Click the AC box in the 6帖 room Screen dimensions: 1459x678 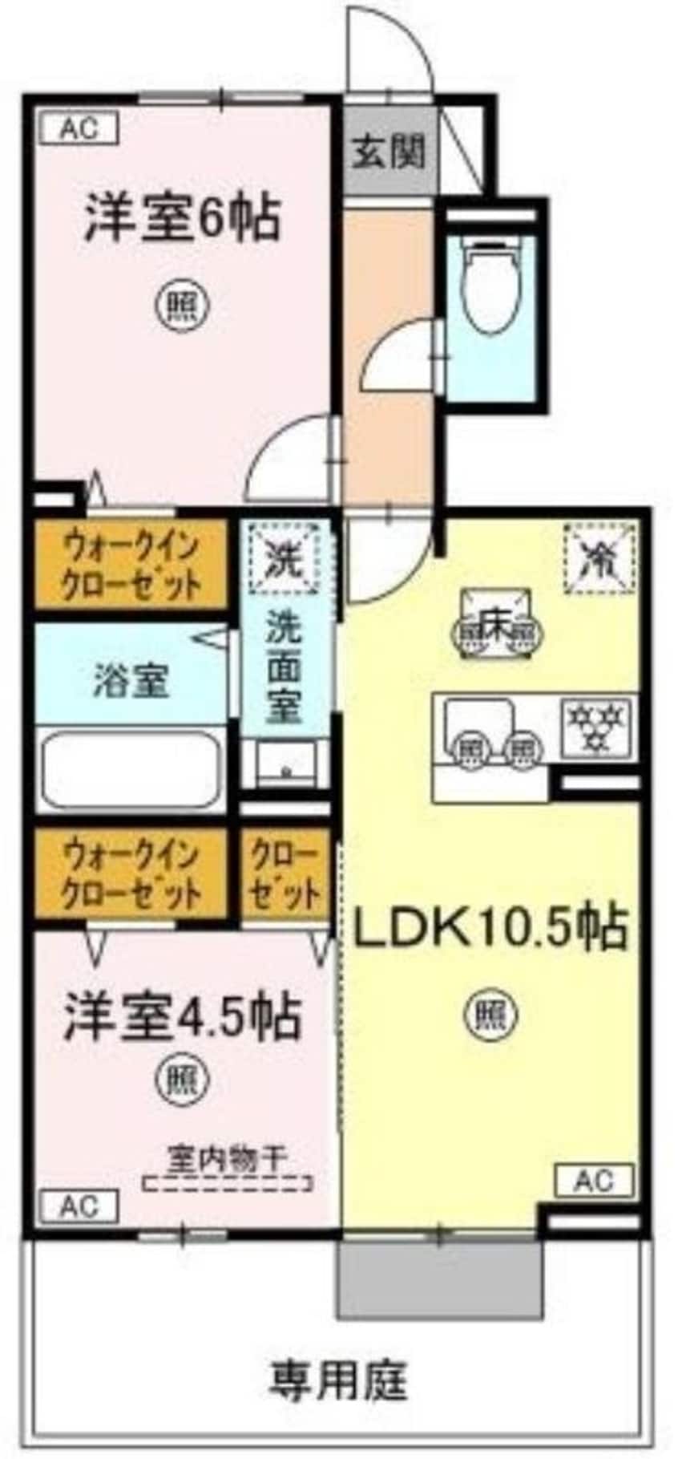[79, 128]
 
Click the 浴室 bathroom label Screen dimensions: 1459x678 [130, 681]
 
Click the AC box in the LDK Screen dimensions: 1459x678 [594, 1180]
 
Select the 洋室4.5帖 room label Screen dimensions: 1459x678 [183, 1015]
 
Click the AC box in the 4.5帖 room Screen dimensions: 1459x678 [79, 1206]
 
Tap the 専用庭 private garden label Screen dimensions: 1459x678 [337, 1379]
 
